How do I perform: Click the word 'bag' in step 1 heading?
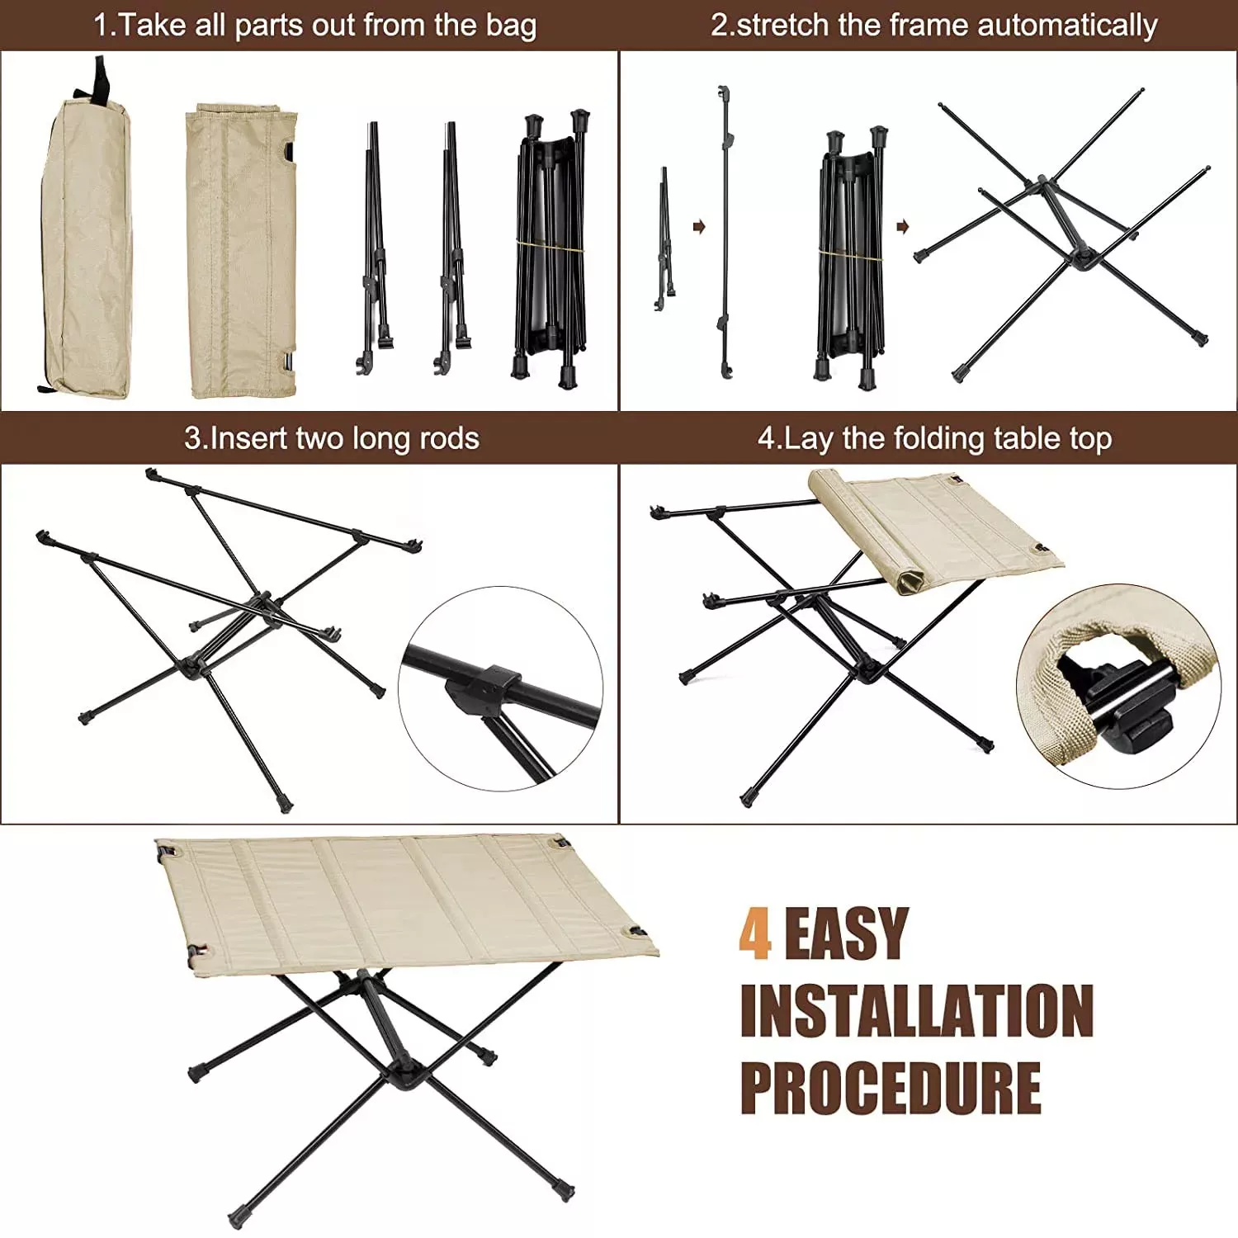tap(511, 26)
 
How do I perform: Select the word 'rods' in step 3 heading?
tap(448, 438)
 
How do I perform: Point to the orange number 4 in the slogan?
tap(755, 933)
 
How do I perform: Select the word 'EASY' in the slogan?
tap(846, 933)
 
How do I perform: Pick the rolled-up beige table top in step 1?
tap(241, 250)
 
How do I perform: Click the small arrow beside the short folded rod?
tap(699, 227)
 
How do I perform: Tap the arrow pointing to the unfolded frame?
tap(902, 227)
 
